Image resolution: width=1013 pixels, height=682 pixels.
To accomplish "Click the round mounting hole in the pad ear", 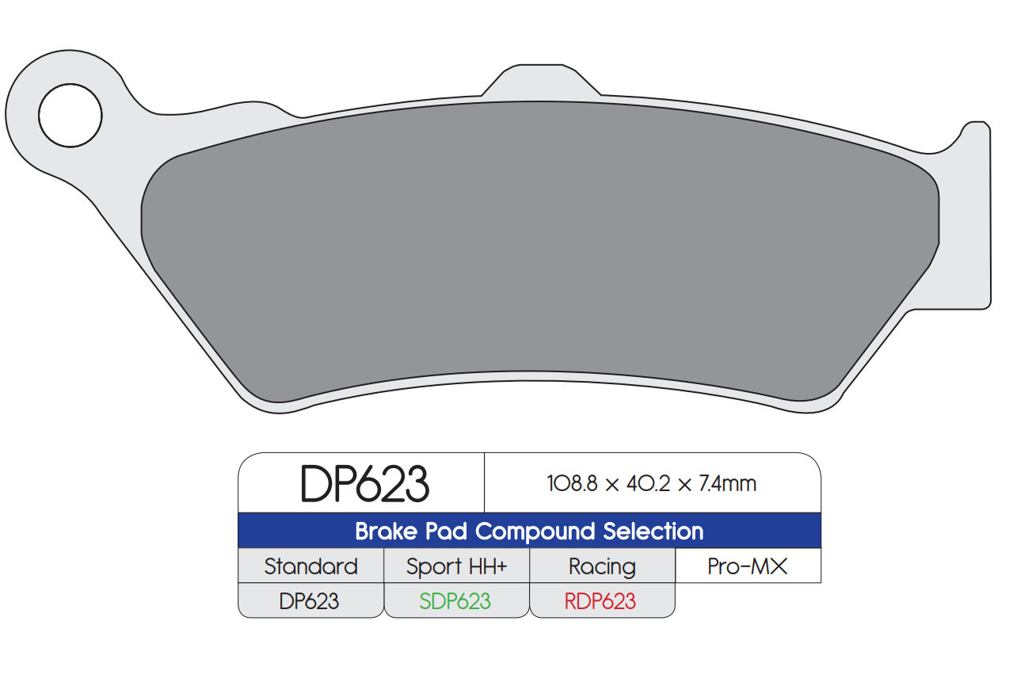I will [70, 116].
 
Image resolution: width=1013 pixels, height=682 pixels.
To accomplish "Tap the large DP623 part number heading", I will [364, 484].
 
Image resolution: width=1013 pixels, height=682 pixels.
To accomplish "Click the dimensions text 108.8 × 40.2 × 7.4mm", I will [651, 484].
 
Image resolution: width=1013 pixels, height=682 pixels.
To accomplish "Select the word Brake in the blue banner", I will [385, 531].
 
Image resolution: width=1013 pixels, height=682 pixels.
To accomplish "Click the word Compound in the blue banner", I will [535, 531].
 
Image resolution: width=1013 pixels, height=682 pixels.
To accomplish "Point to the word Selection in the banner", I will [653, 531].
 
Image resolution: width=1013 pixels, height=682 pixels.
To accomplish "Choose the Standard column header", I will [310, 566].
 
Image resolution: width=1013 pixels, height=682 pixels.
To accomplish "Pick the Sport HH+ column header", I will [456, 566].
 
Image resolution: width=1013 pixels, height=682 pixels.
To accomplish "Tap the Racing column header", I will [602, 566].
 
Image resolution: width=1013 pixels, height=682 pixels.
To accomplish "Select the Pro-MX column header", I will [748, 566].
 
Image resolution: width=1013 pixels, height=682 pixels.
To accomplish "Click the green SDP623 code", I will [455, 601].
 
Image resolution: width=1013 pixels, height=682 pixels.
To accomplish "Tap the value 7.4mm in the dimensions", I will [727, 484].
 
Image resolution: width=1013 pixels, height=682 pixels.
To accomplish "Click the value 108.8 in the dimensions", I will [573, 484].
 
